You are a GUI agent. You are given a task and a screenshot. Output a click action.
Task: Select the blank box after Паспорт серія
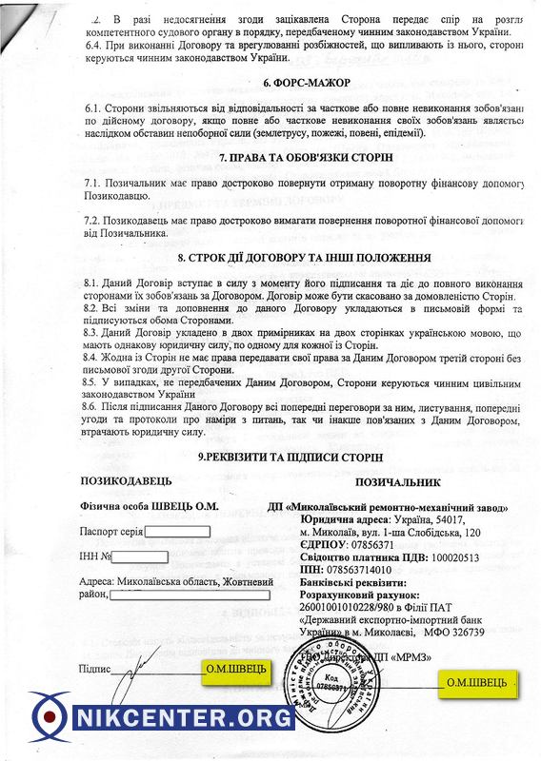tap(176, 532)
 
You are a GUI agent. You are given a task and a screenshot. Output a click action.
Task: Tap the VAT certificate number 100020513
tap(465, 557)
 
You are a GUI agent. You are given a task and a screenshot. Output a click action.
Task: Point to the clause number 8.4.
tap(92, 357)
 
